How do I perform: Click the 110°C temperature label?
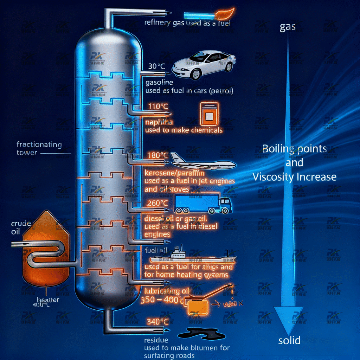pyautogui.click(x=155, y=107)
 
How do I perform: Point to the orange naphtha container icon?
pyautogui.click(x=209, y=114)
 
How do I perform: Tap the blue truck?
pyautogui.click(x=203, y=204)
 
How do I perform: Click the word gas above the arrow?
pyautogui.click(x=287, y=27)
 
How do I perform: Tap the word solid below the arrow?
pyautogui.click(x=289, y=340)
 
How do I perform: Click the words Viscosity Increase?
pyautogui.click(x=294, y=176)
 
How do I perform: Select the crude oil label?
pyautogui.click(x=21, y=227)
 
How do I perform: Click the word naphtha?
pyautogui.click(x=159, y=122)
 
